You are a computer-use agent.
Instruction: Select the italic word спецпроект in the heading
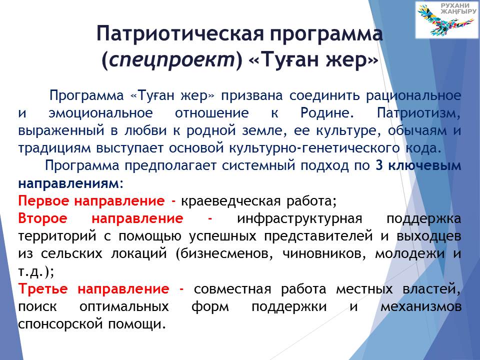click(171, 59)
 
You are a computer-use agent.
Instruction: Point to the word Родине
click(327, 113)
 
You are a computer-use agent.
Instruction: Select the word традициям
click(54, 148)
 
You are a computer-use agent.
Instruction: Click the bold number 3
click(379, 165)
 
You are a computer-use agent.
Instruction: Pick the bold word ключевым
click(424, 165)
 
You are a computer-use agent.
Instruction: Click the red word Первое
click(44, 201)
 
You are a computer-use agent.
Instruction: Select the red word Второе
click(43, 218)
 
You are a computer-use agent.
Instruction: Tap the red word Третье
click(43, 288)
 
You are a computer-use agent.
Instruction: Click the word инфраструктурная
click(299, 219)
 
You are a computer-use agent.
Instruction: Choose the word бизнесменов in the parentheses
click(224, 254)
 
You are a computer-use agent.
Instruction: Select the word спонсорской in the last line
click(60, 324)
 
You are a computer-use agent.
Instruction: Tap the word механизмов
click(421, 306)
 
